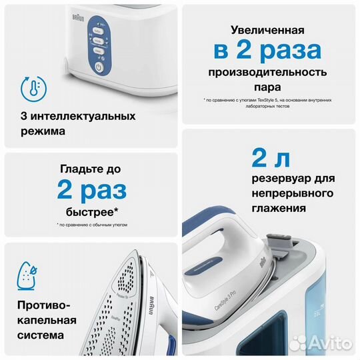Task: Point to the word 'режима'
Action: click(43, 131)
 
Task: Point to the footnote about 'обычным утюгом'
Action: click(89, 225)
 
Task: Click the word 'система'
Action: click(44, 335)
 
